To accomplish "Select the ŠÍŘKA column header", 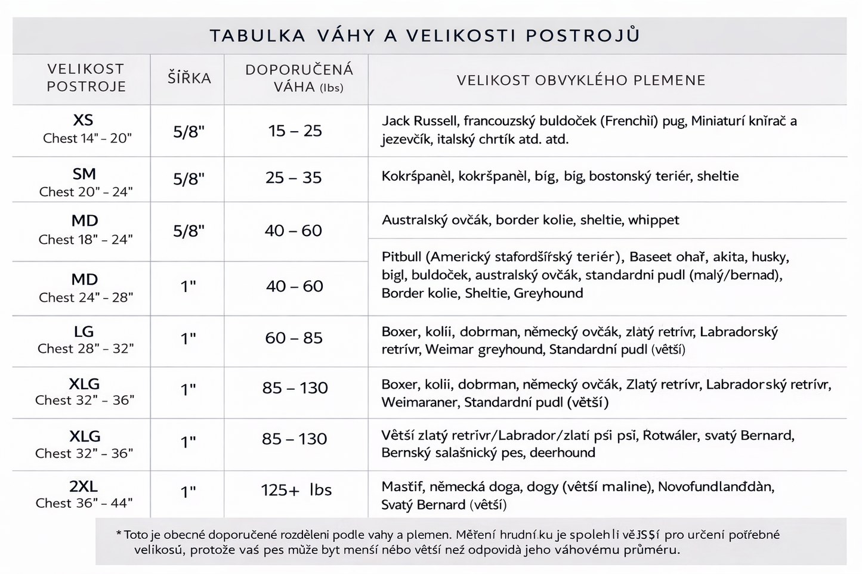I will point(189,78).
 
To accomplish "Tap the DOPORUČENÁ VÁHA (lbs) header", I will point(299,78).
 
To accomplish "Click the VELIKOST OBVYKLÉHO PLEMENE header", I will point(581,80).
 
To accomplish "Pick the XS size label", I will point(83,120).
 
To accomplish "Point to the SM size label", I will point(84,174).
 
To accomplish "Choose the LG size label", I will point(84,331).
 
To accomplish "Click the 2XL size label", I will point(84,486).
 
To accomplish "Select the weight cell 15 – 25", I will point(295,131).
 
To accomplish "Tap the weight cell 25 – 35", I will point(293,178).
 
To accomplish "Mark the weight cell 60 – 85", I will point(293,338).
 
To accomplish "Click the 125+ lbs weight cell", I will point(296,490).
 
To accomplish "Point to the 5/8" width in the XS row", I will point(189,132).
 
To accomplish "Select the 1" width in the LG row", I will point(189,339).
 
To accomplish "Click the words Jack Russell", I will point(420,121).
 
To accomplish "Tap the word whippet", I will point(653,220).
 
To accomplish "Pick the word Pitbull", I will point(401,257).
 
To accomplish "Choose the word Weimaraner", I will point(420,402).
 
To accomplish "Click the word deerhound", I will point(562,452).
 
